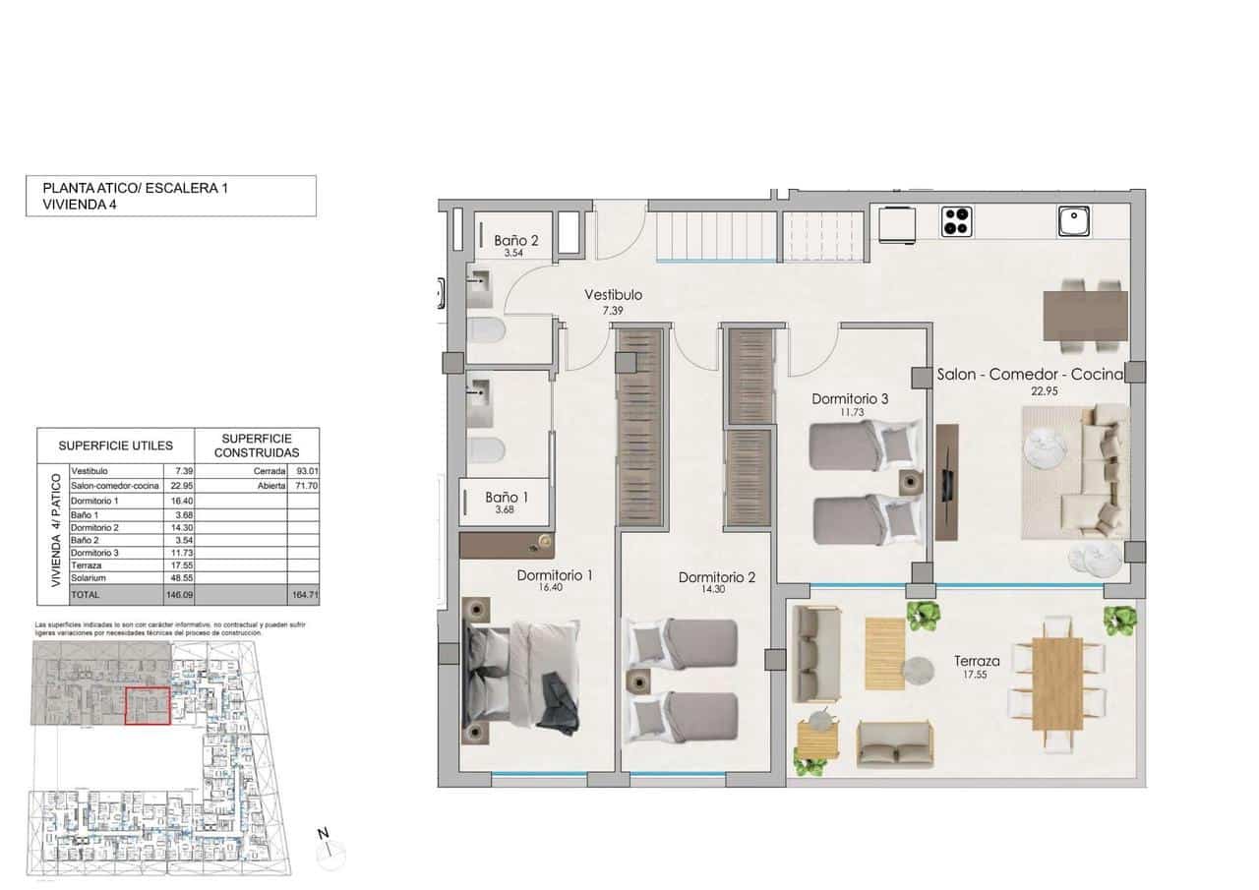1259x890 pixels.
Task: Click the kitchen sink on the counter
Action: (1076, 221)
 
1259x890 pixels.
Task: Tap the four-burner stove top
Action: (956, 221)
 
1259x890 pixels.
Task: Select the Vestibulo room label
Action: (613, 295)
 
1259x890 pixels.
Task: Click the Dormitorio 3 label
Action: (850, 399)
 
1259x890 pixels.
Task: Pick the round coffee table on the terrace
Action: (918, 670)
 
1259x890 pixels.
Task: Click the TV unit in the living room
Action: (947, 482)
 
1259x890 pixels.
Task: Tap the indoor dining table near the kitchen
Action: (1085, 315)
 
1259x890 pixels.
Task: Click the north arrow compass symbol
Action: (330, 849)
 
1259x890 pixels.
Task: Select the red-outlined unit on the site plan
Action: (148, 706)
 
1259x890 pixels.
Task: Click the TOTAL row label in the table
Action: (86, 596)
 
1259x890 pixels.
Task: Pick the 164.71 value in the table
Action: (306, 596)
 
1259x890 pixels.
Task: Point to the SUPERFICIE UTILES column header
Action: (115, 445)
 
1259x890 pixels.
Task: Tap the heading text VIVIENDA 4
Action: (79, 205)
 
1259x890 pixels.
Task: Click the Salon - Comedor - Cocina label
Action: (1030, 375)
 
